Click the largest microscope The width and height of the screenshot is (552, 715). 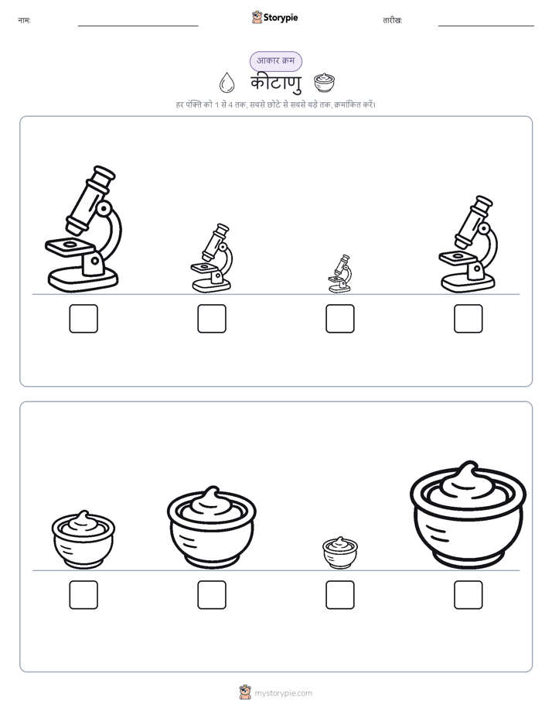83,229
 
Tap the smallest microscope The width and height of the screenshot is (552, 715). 339,274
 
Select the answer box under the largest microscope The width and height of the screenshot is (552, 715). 83,318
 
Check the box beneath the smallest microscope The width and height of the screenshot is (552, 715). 339,318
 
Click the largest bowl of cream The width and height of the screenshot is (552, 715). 468,515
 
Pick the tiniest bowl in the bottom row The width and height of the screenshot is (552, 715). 339,552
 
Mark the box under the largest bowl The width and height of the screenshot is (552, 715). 468,594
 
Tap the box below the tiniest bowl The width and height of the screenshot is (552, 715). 339,594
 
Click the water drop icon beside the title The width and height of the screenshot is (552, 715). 227,83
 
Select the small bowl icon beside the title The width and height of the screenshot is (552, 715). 324,83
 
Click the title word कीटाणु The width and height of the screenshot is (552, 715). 275,84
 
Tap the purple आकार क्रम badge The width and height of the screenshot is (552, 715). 275,61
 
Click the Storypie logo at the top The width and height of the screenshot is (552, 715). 275,17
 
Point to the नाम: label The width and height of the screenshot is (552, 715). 24,20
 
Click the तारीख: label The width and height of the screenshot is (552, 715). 393,20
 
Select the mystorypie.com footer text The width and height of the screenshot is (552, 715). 283,693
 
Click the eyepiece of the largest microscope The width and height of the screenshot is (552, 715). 103,174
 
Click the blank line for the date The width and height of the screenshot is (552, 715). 486,26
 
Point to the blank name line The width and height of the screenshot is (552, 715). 138,26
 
